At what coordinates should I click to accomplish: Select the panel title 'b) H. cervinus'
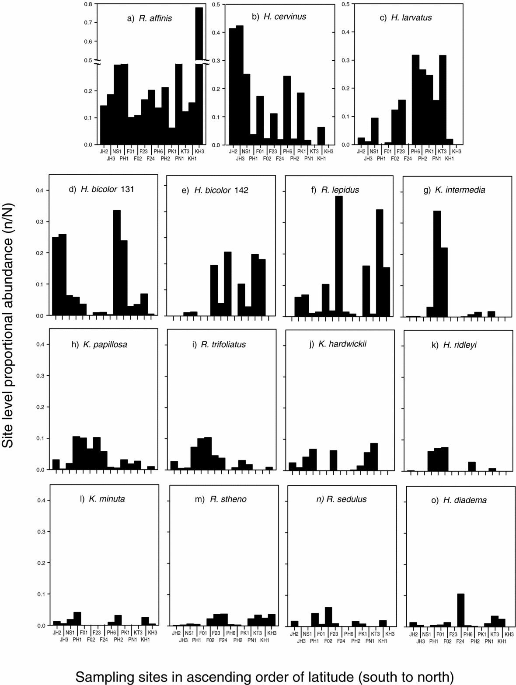pyautogui.click(x=279, y=17)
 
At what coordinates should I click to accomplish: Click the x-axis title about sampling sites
pyautogui.click(x=265, y=677)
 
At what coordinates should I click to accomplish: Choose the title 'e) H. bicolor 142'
pyautogui.click(x=221, y=190)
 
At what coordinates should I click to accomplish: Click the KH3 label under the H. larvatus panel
pyautogui.click(x=457, y=152)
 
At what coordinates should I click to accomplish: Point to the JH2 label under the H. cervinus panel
pyautogui.click(x=233, y=152)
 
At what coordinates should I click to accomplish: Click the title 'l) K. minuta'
pyautogui.click(x=102, y=499)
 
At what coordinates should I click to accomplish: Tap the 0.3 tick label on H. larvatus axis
pyautogui.click(x=345, y=60)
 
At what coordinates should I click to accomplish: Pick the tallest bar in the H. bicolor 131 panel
pyautogui.click(x=117, y=263)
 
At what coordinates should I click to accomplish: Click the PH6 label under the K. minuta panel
pyautogui.click(x=111, y=633)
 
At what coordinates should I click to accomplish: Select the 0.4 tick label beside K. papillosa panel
pyautogui.click(x=40, y=345)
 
